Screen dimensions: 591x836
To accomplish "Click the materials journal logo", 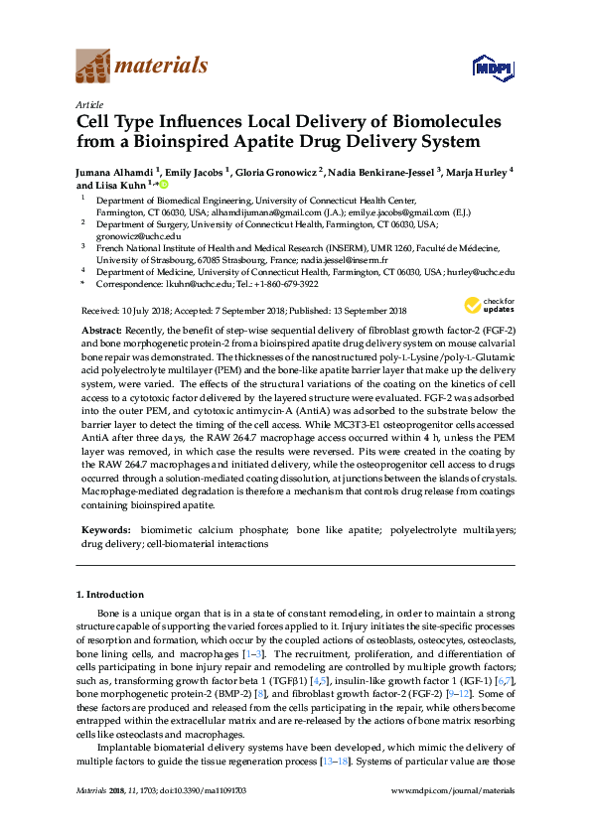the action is point(141,68).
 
